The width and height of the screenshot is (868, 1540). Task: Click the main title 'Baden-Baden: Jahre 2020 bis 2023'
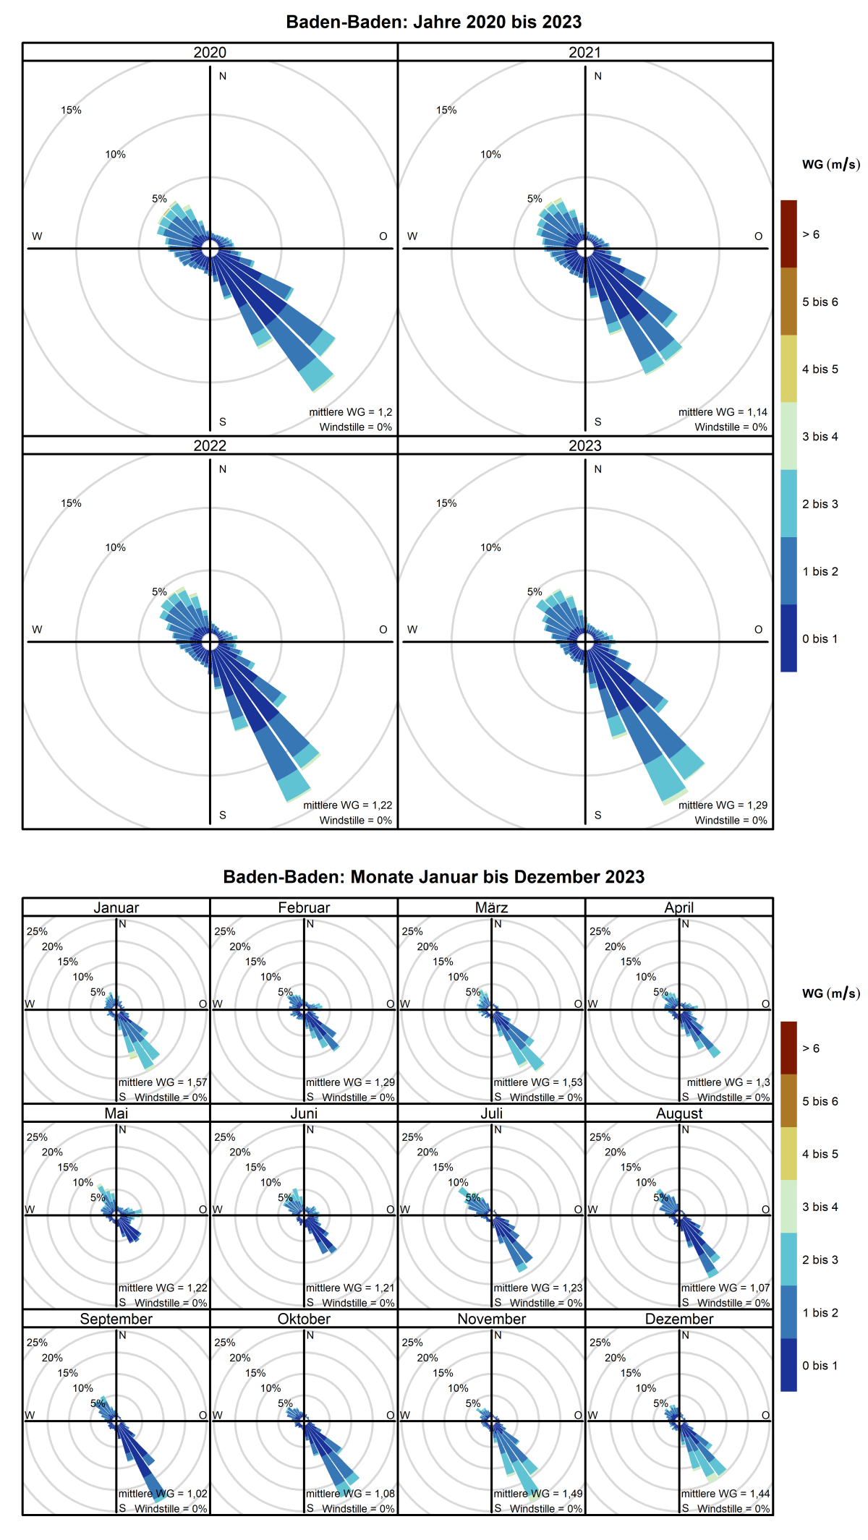pos(434,22)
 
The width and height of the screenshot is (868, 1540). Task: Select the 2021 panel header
pos(584,52)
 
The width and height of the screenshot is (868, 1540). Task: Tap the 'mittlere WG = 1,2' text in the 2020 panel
pos(351,412)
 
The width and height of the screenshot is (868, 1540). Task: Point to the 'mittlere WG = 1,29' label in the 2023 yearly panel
pos(723,805)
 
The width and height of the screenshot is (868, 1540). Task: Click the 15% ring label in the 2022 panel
pos(71,503)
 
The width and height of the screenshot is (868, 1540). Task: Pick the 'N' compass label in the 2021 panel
pos(597,76)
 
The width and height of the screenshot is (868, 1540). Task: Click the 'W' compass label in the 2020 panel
pos(37,236)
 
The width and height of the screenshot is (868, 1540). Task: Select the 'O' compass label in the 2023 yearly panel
pos(758,630)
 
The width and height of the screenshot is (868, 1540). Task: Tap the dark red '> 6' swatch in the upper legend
pos(788,234)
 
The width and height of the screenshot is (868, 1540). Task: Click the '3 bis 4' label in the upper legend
pos(820,437)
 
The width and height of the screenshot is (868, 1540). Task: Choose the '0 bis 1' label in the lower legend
pos(820,1366)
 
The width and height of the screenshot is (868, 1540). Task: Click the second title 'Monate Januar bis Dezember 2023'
pos(434,877)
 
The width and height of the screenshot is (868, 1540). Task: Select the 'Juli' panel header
pos(491,1113)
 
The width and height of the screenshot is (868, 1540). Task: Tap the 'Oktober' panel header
pos(304,1319)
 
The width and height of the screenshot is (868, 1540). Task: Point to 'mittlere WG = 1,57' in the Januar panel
pos(163,1082)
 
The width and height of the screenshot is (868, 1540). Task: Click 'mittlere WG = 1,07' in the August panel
pos(726,1288)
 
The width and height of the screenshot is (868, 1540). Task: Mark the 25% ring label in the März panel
pos(412,931)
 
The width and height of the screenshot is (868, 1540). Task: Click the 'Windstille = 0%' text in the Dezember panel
pos(733,1508)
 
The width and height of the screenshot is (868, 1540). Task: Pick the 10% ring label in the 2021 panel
pos(490,155)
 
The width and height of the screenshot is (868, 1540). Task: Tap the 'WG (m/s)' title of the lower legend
pos(830,993)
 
